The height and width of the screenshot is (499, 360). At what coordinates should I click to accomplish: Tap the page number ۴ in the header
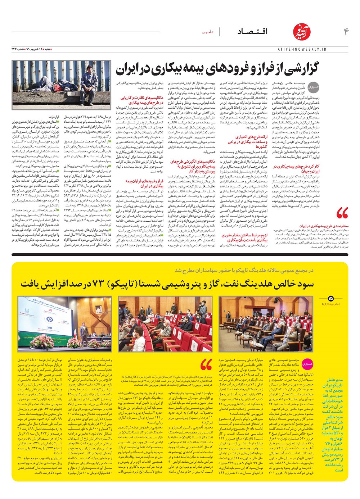346,32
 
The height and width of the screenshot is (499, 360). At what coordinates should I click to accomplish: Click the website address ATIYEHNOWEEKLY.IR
302,49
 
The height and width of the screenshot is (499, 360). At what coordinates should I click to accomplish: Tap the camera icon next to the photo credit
331,299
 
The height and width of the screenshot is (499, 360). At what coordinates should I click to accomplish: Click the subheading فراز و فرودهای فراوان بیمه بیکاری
144,183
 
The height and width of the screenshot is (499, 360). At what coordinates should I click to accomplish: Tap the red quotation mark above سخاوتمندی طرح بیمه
342,213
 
